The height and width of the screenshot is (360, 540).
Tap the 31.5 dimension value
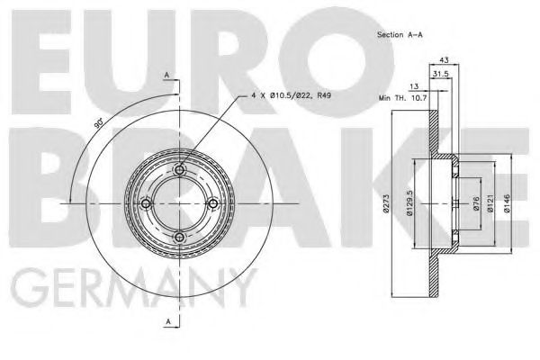tap(440, 73)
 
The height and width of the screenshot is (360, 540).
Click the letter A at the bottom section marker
tap(166, 322)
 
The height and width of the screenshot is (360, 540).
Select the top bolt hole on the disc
tap(179, 170)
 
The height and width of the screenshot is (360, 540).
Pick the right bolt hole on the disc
tap(212, 203)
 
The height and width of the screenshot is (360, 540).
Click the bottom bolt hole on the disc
tap(179, 237)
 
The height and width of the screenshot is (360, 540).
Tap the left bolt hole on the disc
tap(146, 203)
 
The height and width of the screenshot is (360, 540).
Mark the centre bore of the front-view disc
tap(179, 203)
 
